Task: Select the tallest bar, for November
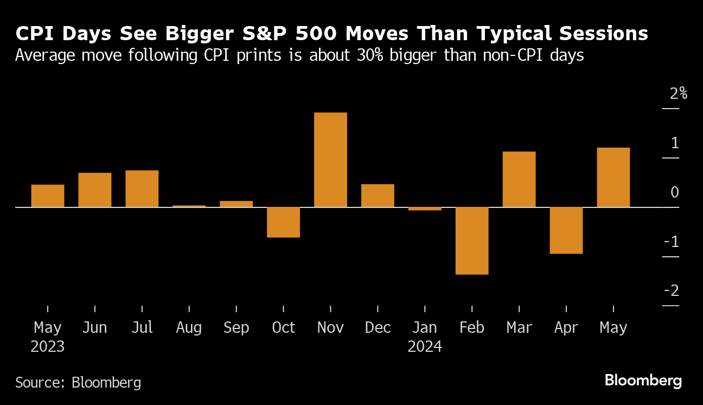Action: pos(330,160)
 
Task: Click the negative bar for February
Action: pos(472,241)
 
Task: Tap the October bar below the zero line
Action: pos(283,222)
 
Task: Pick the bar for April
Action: pos(566,230)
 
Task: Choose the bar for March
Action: pos(519,179)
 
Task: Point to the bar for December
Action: pos(378,195)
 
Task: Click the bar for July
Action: pos(142,188)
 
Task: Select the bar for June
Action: pos(94,189)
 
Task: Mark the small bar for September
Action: pos(236,204)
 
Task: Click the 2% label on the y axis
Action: pos(678,94)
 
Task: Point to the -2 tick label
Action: pos(672,291)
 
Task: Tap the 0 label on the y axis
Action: pos(674,192)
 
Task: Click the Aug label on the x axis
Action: pos(189,328)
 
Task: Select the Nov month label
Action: pos(330,328)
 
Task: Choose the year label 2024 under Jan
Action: pos(425,346)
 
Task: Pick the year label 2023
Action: pos(48,346)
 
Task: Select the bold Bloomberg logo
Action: pos(643,381)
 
